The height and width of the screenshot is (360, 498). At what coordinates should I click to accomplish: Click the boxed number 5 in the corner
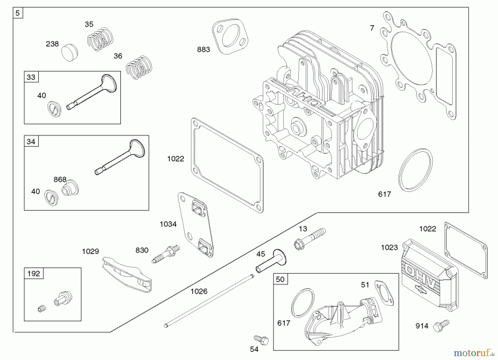point(18,13)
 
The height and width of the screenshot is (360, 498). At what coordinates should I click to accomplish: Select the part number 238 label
point(52,44)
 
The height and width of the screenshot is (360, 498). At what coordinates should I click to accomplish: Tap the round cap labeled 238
point(69,53)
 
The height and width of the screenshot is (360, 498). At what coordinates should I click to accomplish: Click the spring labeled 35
point(100,39)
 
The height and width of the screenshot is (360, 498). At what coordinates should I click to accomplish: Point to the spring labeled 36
point(139,68)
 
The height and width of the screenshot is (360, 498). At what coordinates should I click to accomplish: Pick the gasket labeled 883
point(230,36)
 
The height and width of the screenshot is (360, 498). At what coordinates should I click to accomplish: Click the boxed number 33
point(31,77)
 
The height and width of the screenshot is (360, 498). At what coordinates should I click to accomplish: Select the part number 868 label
point(60,180)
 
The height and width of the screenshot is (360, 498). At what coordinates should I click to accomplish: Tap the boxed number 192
point(34,274)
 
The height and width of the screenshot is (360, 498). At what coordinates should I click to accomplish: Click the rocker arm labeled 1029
point(127,274)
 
